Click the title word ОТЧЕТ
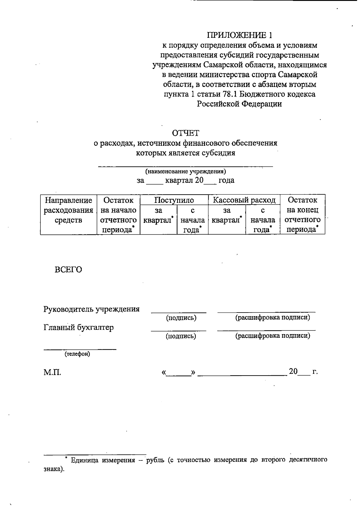click(x=185, y=133)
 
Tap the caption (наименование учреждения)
click(x=185, y=172)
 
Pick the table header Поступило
click(x=174, y=200)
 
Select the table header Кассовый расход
click(x=244, y=200)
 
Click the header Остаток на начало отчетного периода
click(x=118, y=215)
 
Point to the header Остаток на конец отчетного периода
click(x=302, y=215)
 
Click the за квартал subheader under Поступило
click(x=158, y=215)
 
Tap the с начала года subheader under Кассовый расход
click(x=262, y=220)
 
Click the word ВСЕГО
click(x=68, y=270)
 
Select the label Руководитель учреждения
click(x=91, y=309)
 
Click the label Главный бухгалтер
click(x=79, y=327)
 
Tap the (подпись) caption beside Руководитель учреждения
click(x=181, y=318)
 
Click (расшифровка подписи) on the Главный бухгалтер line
click(x=272, y=336)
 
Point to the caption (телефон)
click(x=77, y=354)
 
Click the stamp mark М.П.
click(x=52, y=373)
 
